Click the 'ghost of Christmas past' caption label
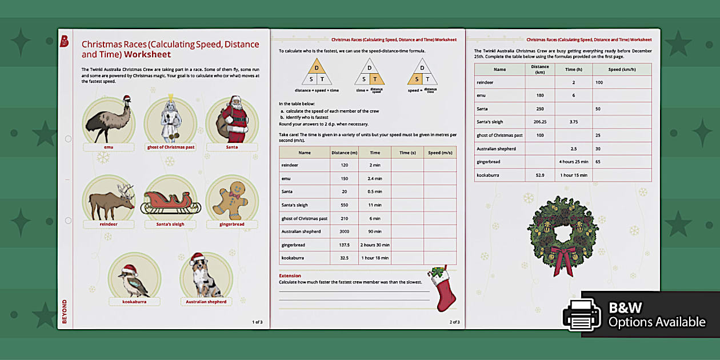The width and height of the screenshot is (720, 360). pos(170,147)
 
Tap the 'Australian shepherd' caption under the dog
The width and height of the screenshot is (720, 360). pos(206,302)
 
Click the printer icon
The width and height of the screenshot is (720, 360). pos(582,315)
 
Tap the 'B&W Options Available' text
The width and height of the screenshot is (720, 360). pos(656,315)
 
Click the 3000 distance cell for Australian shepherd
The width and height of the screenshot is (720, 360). pos(345,231)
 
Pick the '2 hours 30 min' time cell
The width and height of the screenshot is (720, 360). pos(374,245)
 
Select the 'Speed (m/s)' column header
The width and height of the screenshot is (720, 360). pos(439,153)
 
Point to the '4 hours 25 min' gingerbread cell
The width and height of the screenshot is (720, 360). pos(573,162)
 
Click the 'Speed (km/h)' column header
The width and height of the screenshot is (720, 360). pos(622,69)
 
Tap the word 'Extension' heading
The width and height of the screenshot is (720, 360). pos(290,275)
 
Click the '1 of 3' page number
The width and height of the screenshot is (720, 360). pos(257,322)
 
